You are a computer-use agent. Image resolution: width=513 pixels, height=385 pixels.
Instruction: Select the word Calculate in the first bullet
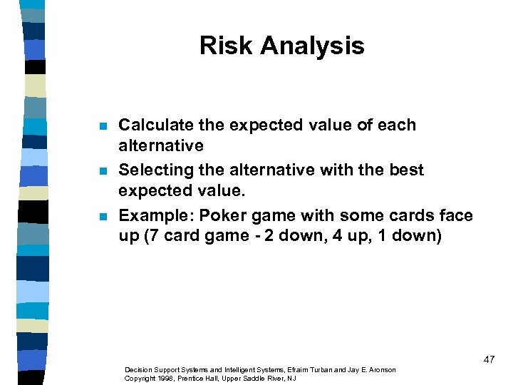tap(148, 125)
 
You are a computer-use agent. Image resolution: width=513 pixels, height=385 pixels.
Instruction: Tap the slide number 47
tap(489, 360)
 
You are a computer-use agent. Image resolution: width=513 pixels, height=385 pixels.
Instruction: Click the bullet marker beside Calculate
tap(103, 126)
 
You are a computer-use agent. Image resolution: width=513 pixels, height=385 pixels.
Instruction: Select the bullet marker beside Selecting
tap(103, 171)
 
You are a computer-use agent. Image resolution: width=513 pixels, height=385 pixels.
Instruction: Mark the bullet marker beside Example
tap(103, 217)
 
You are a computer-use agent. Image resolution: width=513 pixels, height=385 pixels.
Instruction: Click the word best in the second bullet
tap(408, 170)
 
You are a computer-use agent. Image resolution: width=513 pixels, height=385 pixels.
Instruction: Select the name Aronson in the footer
tap(381, 370)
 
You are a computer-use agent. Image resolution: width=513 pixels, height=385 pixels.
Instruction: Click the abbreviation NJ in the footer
tap(291, 378)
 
